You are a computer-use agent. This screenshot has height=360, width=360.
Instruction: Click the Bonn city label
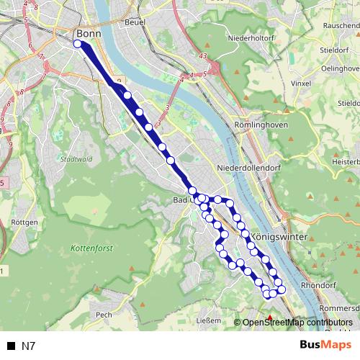pos(89,33)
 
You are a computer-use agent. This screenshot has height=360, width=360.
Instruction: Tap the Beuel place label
pos(135,22)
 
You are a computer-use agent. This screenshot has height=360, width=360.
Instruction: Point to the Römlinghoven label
pos(261,125)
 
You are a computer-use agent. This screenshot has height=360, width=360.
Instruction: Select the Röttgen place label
pos(24,222)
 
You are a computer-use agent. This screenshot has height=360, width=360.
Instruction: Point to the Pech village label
pos(104,315)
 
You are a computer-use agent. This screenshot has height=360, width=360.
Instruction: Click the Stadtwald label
pos(76,159)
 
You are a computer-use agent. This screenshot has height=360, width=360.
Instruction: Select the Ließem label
pos(208,321)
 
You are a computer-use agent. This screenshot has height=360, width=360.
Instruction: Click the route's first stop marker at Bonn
pos(78,44)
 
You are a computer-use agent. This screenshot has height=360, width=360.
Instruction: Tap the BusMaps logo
pos(325,345)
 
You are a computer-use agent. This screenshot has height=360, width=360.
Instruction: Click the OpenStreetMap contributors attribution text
pos(297,322)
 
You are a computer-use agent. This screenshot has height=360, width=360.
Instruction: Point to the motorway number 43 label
pos(204,57)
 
